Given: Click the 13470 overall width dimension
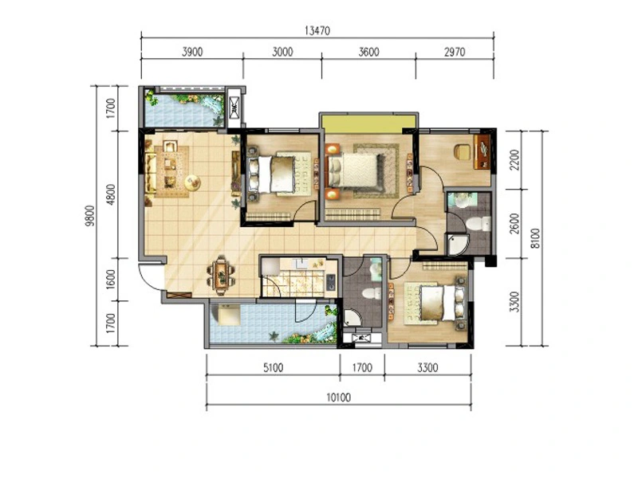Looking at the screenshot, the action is (317, 30).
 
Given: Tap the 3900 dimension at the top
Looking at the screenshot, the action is (192, 52).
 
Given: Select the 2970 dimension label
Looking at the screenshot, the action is (455, 52).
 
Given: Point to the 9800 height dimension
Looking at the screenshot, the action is (90, 216).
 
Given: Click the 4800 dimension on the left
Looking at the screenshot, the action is (110, 194).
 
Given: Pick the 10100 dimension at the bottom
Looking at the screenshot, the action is (338, 397).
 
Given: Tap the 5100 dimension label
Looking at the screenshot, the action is (273, 368).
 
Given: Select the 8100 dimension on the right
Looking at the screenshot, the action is (535, 238).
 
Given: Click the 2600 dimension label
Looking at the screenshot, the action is (514, 224).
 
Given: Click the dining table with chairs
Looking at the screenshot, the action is (221, 275).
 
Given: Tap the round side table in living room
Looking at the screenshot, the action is (192, 182).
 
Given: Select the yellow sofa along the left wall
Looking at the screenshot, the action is (151, 173).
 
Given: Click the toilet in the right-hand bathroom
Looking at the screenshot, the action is (478, 224).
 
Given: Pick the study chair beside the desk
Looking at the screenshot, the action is (463, 152).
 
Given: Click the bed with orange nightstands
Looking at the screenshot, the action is (354, 170).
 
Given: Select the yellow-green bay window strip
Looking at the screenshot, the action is (368, 123).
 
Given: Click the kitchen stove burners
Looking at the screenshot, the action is (331, 282).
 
